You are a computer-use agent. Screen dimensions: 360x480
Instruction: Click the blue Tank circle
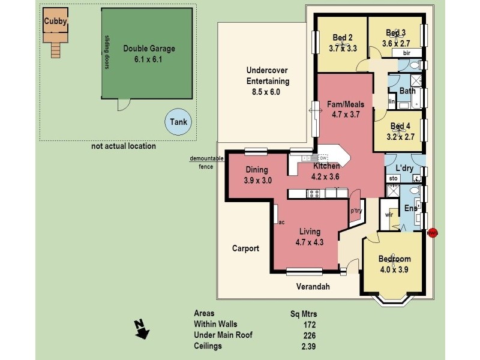[178, 122]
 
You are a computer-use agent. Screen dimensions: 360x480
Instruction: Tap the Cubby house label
[55, 22]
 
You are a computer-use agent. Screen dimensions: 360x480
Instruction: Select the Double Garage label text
[149, 49]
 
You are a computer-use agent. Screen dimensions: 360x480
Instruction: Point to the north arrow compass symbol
[142, 329]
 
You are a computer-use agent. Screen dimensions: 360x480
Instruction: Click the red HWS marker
[433, 233]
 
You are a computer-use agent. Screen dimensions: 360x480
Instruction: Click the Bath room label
[407, 91]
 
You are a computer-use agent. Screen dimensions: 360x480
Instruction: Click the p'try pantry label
[356, 211]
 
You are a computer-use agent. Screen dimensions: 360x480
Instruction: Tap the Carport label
[246, 248]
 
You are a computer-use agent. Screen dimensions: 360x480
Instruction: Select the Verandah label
[314, 287]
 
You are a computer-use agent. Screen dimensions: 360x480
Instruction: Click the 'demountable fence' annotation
[206, 162]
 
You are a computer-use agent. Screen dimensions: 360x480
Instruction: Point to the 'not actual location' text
[124, 146]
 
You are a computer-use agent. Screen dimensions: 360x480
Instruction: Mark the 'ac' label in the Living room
[281, 222]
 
